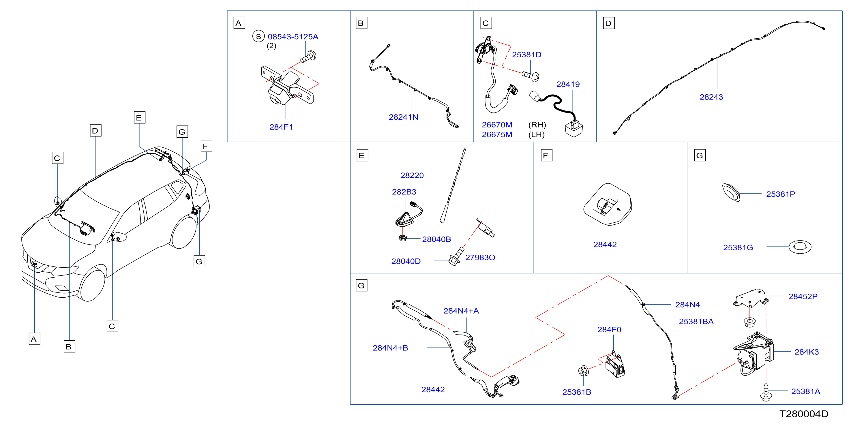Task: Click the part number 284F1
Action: tap(281, 127)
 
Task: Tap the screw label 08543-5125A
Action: tap(293, 37)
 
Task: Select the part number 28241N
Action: tap(403, 117)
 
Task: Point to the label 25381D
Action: tap(526, 55)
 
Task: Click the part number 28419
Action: tap(568, 84)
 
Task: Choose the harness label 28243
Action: tap(711, 97)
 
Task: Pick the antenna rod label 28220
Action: tap(412, 175)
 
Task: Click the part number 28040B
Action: tap(436, 239)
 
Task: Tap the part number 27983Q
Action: tap(480, 257)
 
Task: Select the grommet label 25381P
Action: tap(780, 194)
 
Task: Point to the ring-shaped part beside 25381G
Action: tap(800, 247)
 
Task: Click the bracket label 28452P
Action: tap(803, 296)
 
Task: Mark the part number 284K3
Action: tap(807, 352)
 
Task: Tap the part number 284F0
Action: tap(609, 330)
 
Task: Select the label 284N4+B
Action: tap(390, 348)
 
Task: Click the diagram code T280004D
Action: tap(804, 414)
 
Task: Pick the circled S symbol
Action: tap(258, 36)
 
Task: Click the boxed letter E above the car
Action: tap(139, 118)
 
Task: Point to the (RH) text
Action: tap(537, 125)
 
